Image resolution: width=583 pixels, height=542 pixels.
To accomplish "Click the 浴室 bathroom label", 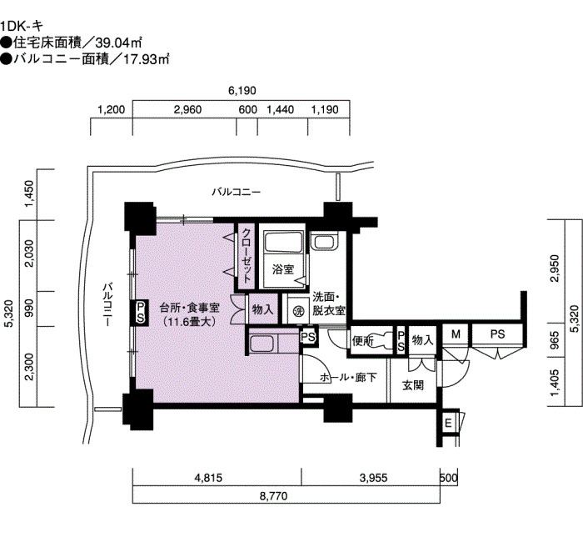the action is point(283,269).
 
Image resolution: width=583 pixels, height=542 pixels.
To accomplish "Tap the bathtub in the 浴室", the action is point(283,242).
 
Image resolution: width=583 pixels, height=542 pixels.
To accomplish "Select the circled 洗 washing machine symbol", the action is point(298,312).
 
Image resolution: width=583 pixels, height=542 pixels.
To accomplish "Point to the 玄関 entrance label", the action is point(413,385).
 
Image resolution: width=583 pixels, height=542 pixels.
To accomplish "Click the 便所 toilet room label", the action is point(363,340).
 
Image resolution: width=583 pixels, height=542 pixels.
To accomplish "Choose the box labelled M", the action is point(456,334).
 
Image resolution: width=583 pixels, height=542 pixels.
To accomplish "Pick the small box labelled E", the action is point(448,424).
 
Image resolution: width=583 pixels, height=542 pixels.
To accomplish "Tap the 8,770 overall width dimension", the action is point(273,496).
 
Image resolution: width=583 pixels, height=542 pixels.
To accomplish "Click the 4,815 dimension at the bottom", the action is point(208,478).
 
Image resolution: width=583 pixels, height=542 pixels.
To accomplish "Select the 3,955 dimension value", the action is point(373,478).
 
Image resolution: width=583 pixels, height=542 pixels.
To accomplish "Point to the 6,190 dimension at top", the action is point(242,90).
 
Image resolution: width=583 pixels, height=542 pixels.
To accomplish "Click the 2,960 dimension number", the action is point(187,109).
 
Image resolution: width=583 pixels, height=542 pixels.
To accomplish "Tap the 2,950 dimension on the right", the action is point(556,268).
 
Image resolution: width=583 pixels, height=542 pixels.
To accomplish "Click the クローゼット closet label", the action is point(247,255).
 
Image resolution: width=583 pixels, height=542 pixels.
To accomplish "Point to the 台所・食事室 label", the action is point(190,308).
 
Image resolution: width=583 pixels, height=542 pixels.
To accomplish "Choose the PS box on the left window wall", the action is point(140,313).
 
